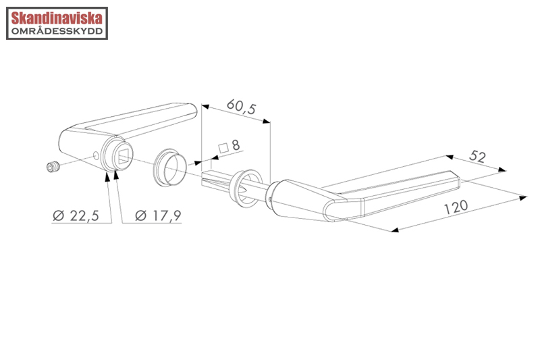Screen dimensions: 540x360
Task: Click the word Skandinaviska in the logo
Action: pyautogui.click(x=57, y=18)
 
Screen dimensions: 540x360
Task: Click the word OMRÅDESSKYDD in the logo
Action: pyautogui.click(x=57, y=31)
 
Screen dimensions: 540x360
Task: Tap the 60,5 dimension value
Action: pyautogui.click(x=242, y=107)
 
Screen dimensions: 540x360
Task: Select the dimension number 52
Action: pyautogui.click(x=477, y=157)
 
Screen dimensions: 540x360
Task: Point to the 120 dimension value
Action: pyautogui.click(x=456, y=207)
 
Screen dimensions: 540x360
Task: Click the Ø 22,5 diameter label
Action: pyautogui.click(x=76, y=215)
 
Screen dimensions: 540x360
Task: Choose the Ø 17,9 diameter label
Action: pyautogui.click(x=158, y=215)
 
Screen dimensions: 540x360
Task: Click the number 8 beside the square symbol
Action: pyautogui.click(x=236, y=145)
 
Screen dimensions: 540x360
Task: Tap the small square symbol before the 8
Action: pyautogui.click(x=223, y=148)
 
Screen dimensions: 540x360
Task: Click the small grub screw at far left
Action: pyautogui.click(x=53, y=167)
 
